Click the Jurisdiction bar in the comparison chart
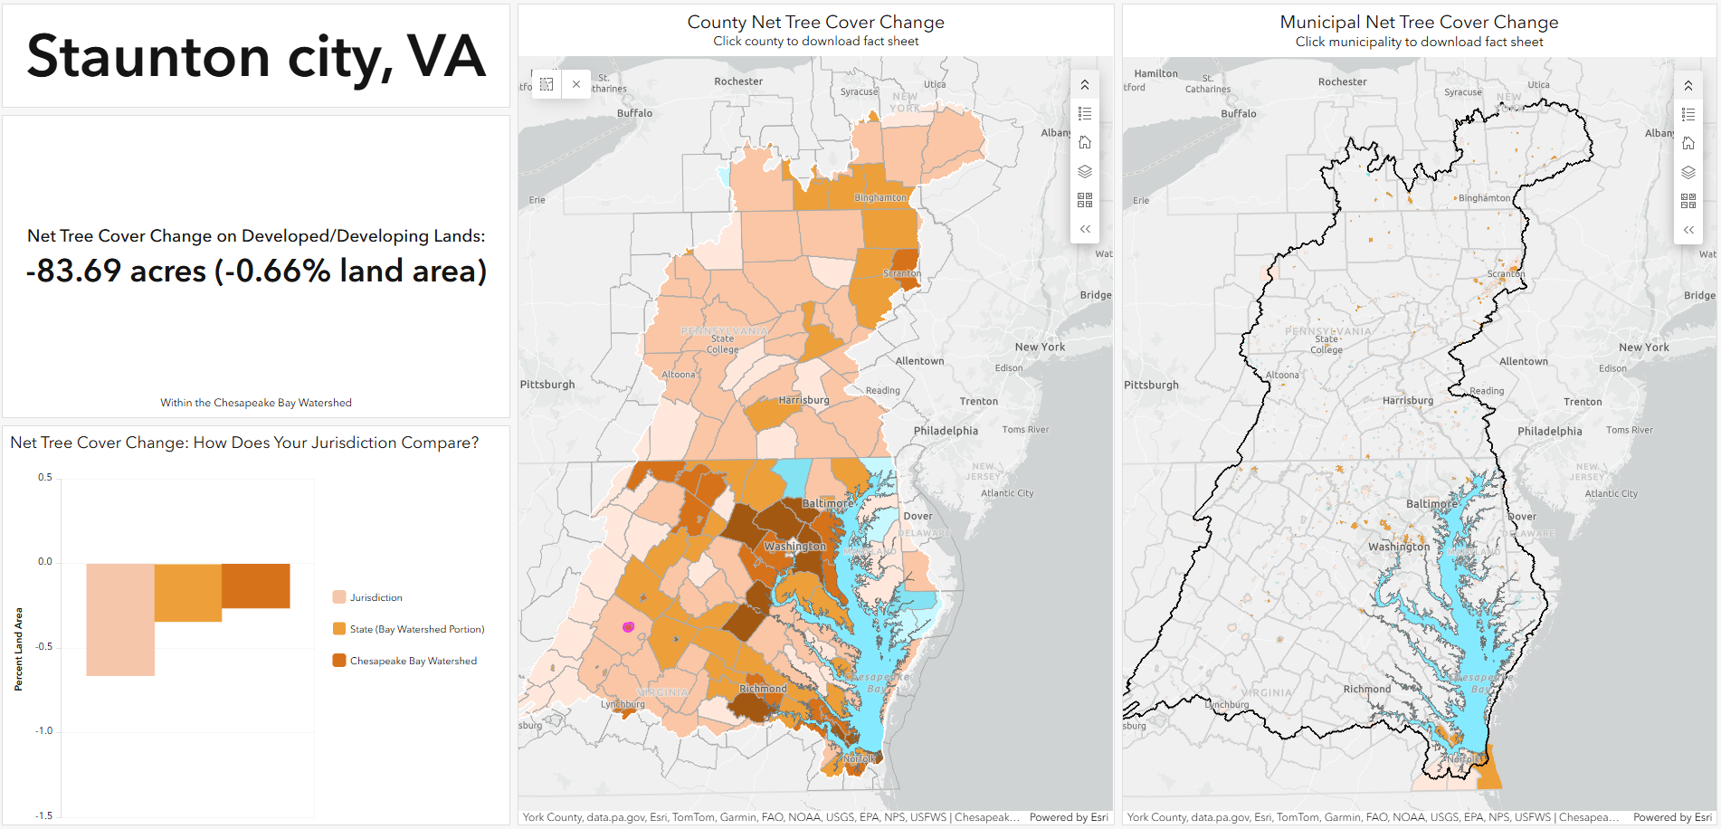click(120, 619)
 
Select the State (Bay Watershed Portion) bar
click(188, 592)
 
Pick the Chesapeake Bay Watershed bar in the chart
click(256, 586)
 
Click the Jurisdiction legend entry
click(376, 597)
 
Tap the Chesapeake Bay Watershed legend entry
click(413, 661)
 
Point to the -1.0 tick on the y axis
click(44, 730)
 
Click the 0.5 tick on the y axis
click(45, 477)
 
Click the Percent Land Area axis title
click(18, 649)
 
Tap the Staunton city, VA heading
click(256, 56)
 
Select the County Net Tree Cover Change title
click(815, 22)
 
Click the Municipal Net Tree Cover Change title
click(1419, 22)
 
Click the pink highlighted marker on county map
click(629, 626)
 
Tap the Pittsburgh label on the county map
click(547, 385)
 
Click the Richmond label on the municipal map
click(1366, 689)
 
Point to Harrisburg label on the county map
click(803, 400)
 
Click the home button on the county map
click(1085, 142)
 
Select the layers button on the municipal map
click(1688, 172)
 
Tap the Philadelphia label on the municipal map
click(1549, 431)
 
